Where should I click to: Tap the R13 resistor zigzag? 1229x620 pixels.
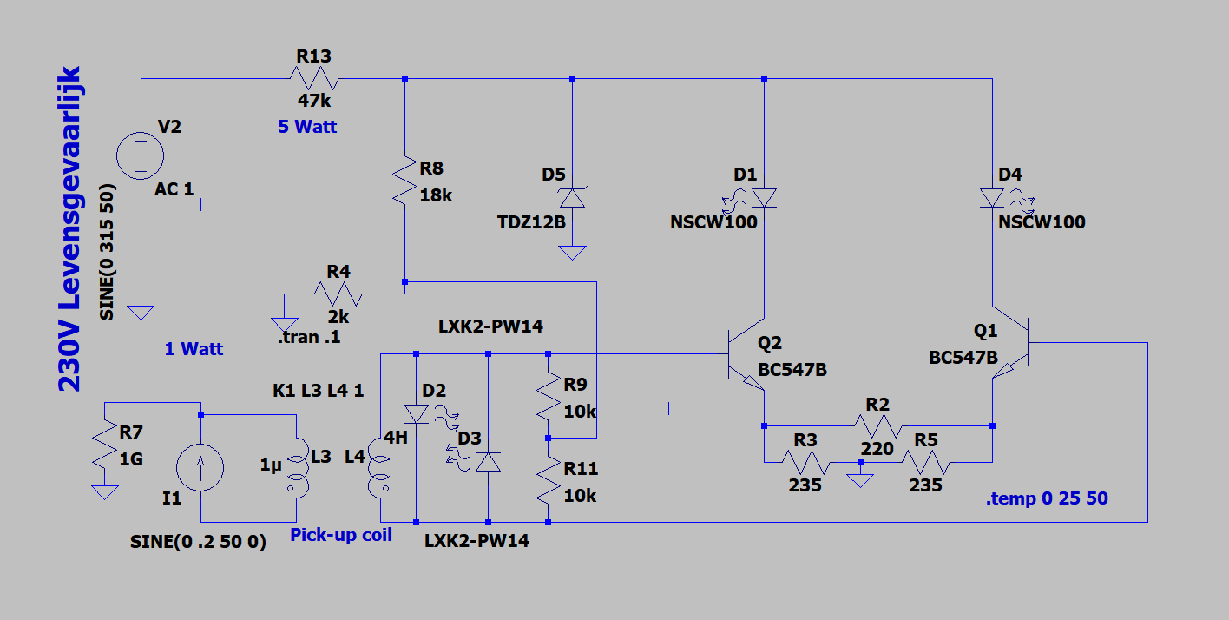pyautogui.click(x=314, y=78)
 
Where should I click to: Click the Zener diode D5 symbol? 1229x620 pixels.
pyautogui.click(x=572, y=198)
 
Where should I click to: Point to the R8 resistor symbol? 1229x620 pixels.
pyautogui.click(x=405, y=181)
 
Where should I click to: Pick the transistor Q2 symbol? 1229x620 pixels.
pyautogui.click(x=746, y=354)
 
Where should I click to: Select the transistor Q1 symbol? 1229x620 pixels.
pyautogui.click(x=1010, y=342)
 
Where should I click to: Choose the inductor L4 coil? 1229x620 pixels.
pyautogui.click(x=379, y=468)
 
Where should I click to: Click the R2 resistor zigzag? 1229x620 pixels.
pyautogui.click(x=877, y=425)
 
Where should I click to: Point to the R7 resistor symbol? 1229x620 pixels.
pyautogui.click(x=104, y=445)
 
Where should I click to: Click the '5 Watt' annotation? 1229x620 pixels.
pyautogui.click(x=307, y=127)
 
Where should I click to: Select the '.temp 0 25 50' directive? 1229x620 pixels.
pyautogui.click(x=1047, y=498)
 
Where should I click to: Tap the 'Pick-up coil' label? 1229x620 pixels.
pyautogui.click(x=341, y=535)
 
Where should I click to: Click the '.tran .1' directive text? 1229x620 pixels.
pyautogui.click(x=309, y=337)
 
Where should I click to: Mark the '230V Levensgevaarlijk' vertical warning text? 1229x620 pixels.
pyautogui.click(x=69, y=228)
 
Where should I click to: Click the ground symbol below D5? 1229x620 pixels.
pyautogui.click(x=572, y=253)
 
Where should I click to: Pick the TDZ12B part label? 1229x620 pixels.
pyautogui.click(x=531, y=222)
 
